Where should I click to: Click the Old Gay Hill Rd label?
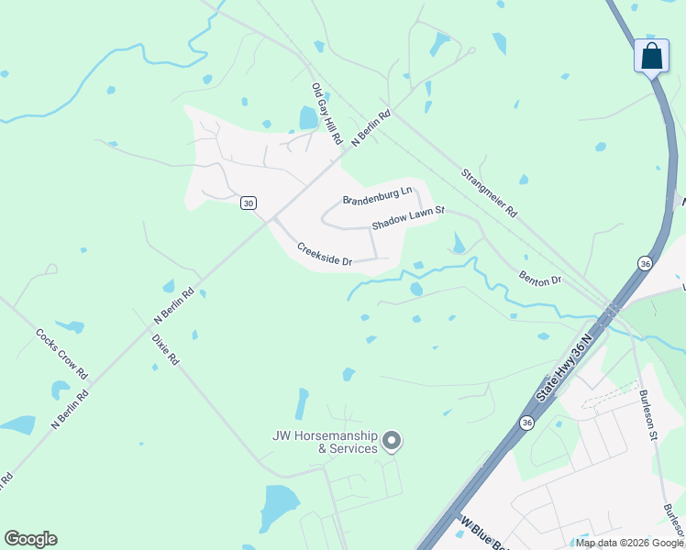coord(326,115)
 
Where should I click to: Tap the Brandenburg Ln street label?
coord(378,196)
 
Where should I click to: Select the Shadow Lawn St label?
coord(408,218)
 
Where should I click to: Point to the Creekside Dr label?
coord(324,254)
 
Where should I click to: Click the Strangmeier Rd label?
coord(489,192)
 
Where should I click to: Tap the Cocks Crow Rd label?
coord(62,355)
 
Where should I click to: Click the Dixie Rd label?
coord(165,349)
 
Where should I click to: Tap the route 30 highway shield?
coord(248,203)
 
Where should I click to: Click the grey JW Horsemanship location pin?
coord(392,442)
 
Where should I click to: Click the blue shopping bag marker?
coord(651,56)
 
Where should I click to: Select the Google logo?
coord(30,539)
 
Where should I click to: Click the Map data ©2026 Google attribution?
coord(629,543)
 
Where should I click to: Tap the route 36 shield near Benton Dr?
coord(645,263)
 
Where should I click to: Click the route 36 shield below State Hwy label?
coord(526,423)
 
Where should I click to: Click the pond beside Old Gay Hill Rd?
coord(308,118)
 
